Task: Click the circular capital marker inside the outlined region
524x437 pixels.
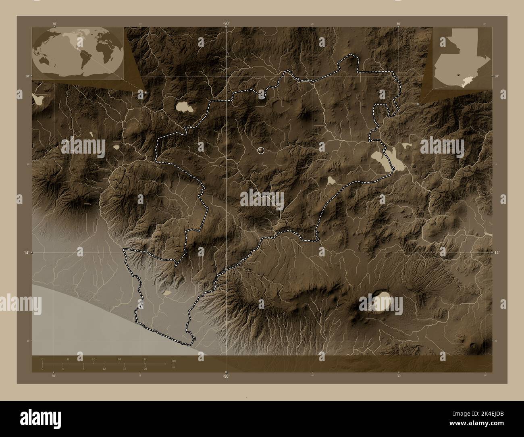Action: click(x=261, y=151)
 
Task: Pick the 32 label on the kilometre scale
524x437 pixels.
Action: click(x=145, y=359)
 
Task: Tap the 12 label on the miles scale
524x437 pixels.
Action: click(x=104, y=368)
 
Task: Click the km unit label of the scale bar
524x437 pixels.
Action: click(x=173, y=360)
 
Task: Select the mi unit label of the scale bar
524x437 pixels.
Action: click(x=173, y=367)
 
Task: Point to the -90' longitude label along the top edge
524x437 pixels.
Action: click(x=226, y=24)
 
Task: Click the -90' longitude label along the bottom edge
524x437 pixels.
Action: click(x=226, y=376)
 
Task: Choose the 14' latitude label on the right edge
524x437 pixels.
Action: click(x=498, y=252)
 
